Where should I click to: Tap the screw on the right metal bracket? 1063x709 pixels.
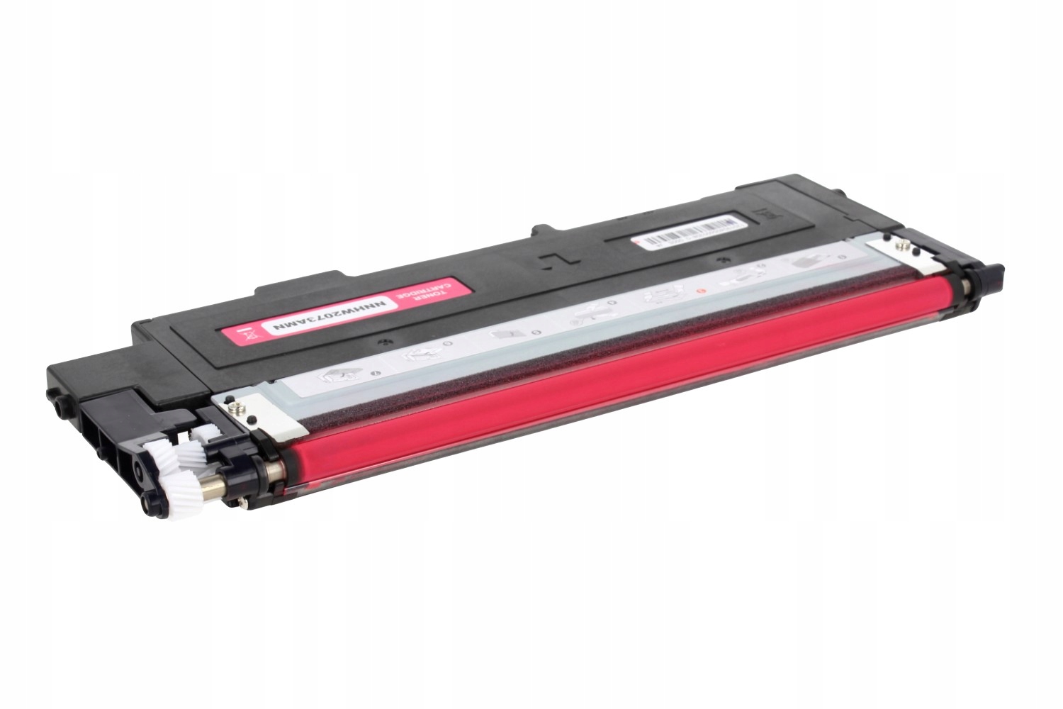(903, 246)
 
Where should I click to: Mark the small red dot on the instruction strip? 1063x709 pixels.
(701, 290)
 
